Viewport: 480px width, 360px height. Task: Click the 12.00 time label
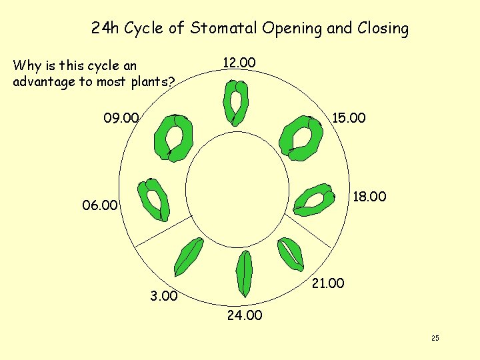click(x=239, y=63)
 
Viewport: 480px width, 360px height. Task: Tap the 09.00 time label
click(x=121, y=119)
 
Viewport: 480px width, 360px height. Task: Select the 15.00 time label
click(x=349, y=118)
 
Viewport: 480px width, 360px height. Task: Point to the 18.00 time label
click(x=369, y=197)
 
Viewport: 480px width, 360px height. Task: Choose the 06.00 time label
click(x=99, y=205)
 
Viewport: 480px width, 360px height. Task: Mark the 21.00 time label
click(x=327, y=283)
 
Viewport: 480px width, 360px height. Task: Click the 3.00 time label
click(x=163, y=296)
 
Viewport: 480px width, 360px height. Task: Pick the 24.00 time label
click(x=245, y=315)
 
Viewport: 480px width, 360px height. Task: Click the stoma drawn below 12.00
click(x=235, y=103)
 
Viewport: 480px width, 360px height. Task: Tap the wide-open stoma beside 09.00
click(x=173, y=137)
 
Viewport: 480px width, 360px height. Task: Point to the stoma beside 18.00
click(x=313, y=199)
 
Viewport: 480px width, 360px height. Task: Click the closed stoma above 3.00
click(x=187, y=257)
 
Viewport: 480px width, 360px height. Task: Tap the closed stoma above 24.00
click(x=245, y=274)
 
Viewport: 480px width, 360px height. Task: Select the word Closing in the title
click(x=383, y=29)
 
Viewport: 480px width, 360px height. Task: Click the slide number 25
click(x=435, y=339)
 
